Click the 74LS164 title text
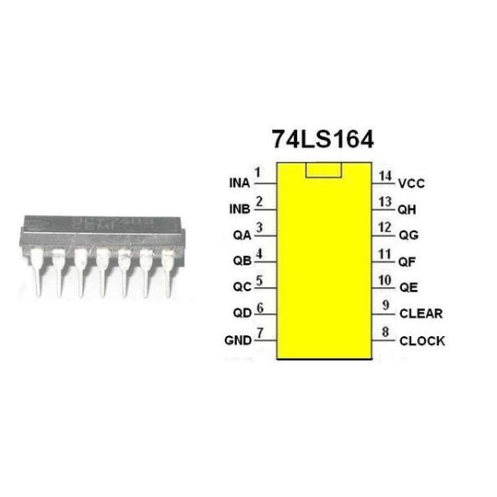[323, 140]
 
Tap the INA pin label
[239, 183]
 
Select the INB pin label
[239, 211]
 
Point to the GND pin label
[237, 342]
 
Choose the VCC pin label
[411, 183]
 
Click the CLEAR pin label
[422, 314]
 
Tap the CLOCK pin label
[422, 342]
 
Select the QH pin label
[408, 209]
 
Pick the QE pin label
[408, 288]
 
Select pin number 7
[260, 333]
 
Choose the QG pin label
[408, 235]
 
